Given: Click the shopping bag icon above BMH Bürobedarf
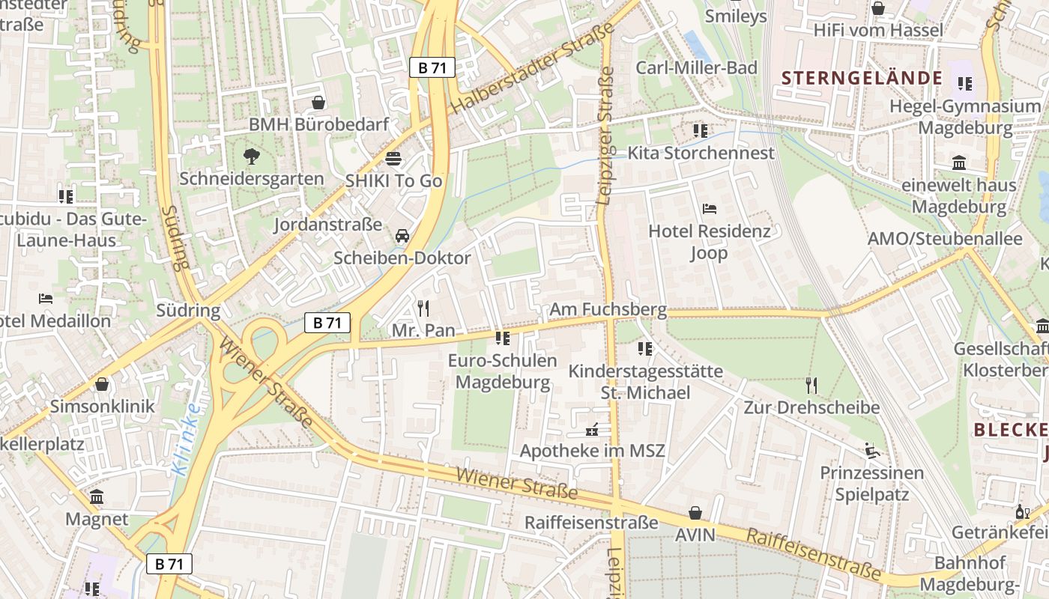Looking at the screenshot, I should [x=318, y=102].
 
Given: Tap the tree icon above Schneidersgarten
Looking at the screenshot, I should [x=251, y=156].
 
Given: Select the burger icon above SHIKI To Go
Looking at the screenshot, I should [x=393, y=159].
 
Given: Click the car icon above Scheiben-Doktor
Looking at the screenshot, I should [x=402, y=236].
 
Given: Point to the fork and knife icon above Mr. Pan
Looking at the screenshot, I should [x=423, y=308].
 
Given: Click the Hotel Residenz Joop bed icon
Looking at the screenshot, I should [x=709, y=208].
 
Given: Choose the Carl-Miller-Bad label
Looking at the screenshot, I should [x=696, y=67].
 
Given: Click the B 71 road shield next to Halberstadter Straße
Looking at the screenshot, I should [x=432, y=67].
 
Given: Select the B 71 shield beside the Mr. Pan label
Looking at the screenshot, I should [x=327, y=323].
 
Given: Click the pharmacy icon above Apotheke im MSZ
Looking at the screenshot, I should [x=592, y=430].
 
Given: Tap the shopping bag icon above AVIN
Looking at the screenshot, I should [x=695, y=513].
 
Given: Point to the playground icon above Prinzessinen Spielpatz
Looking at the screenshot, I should [x=872, y=451].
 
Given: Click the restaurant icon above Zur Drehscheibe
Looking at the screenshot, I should [x=811, y=386].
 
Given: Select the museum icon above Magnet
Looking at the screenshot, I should [x=97, y=497].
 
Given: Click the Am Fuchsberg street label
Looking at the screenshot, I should [x=608, y=309].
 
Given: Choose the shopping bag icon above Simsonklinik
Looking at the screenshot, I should [x=102, y=384].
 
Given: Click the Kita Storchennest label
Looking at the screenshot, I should [x=701, y=153].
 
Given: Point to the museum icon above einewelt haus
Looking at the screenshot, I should [x=959, y=162].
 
